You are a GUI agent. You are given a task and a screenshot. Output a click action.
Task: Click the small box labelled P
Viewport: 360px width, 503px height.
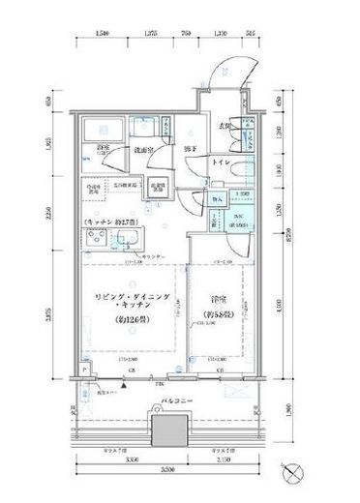[x=85, y=369]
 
